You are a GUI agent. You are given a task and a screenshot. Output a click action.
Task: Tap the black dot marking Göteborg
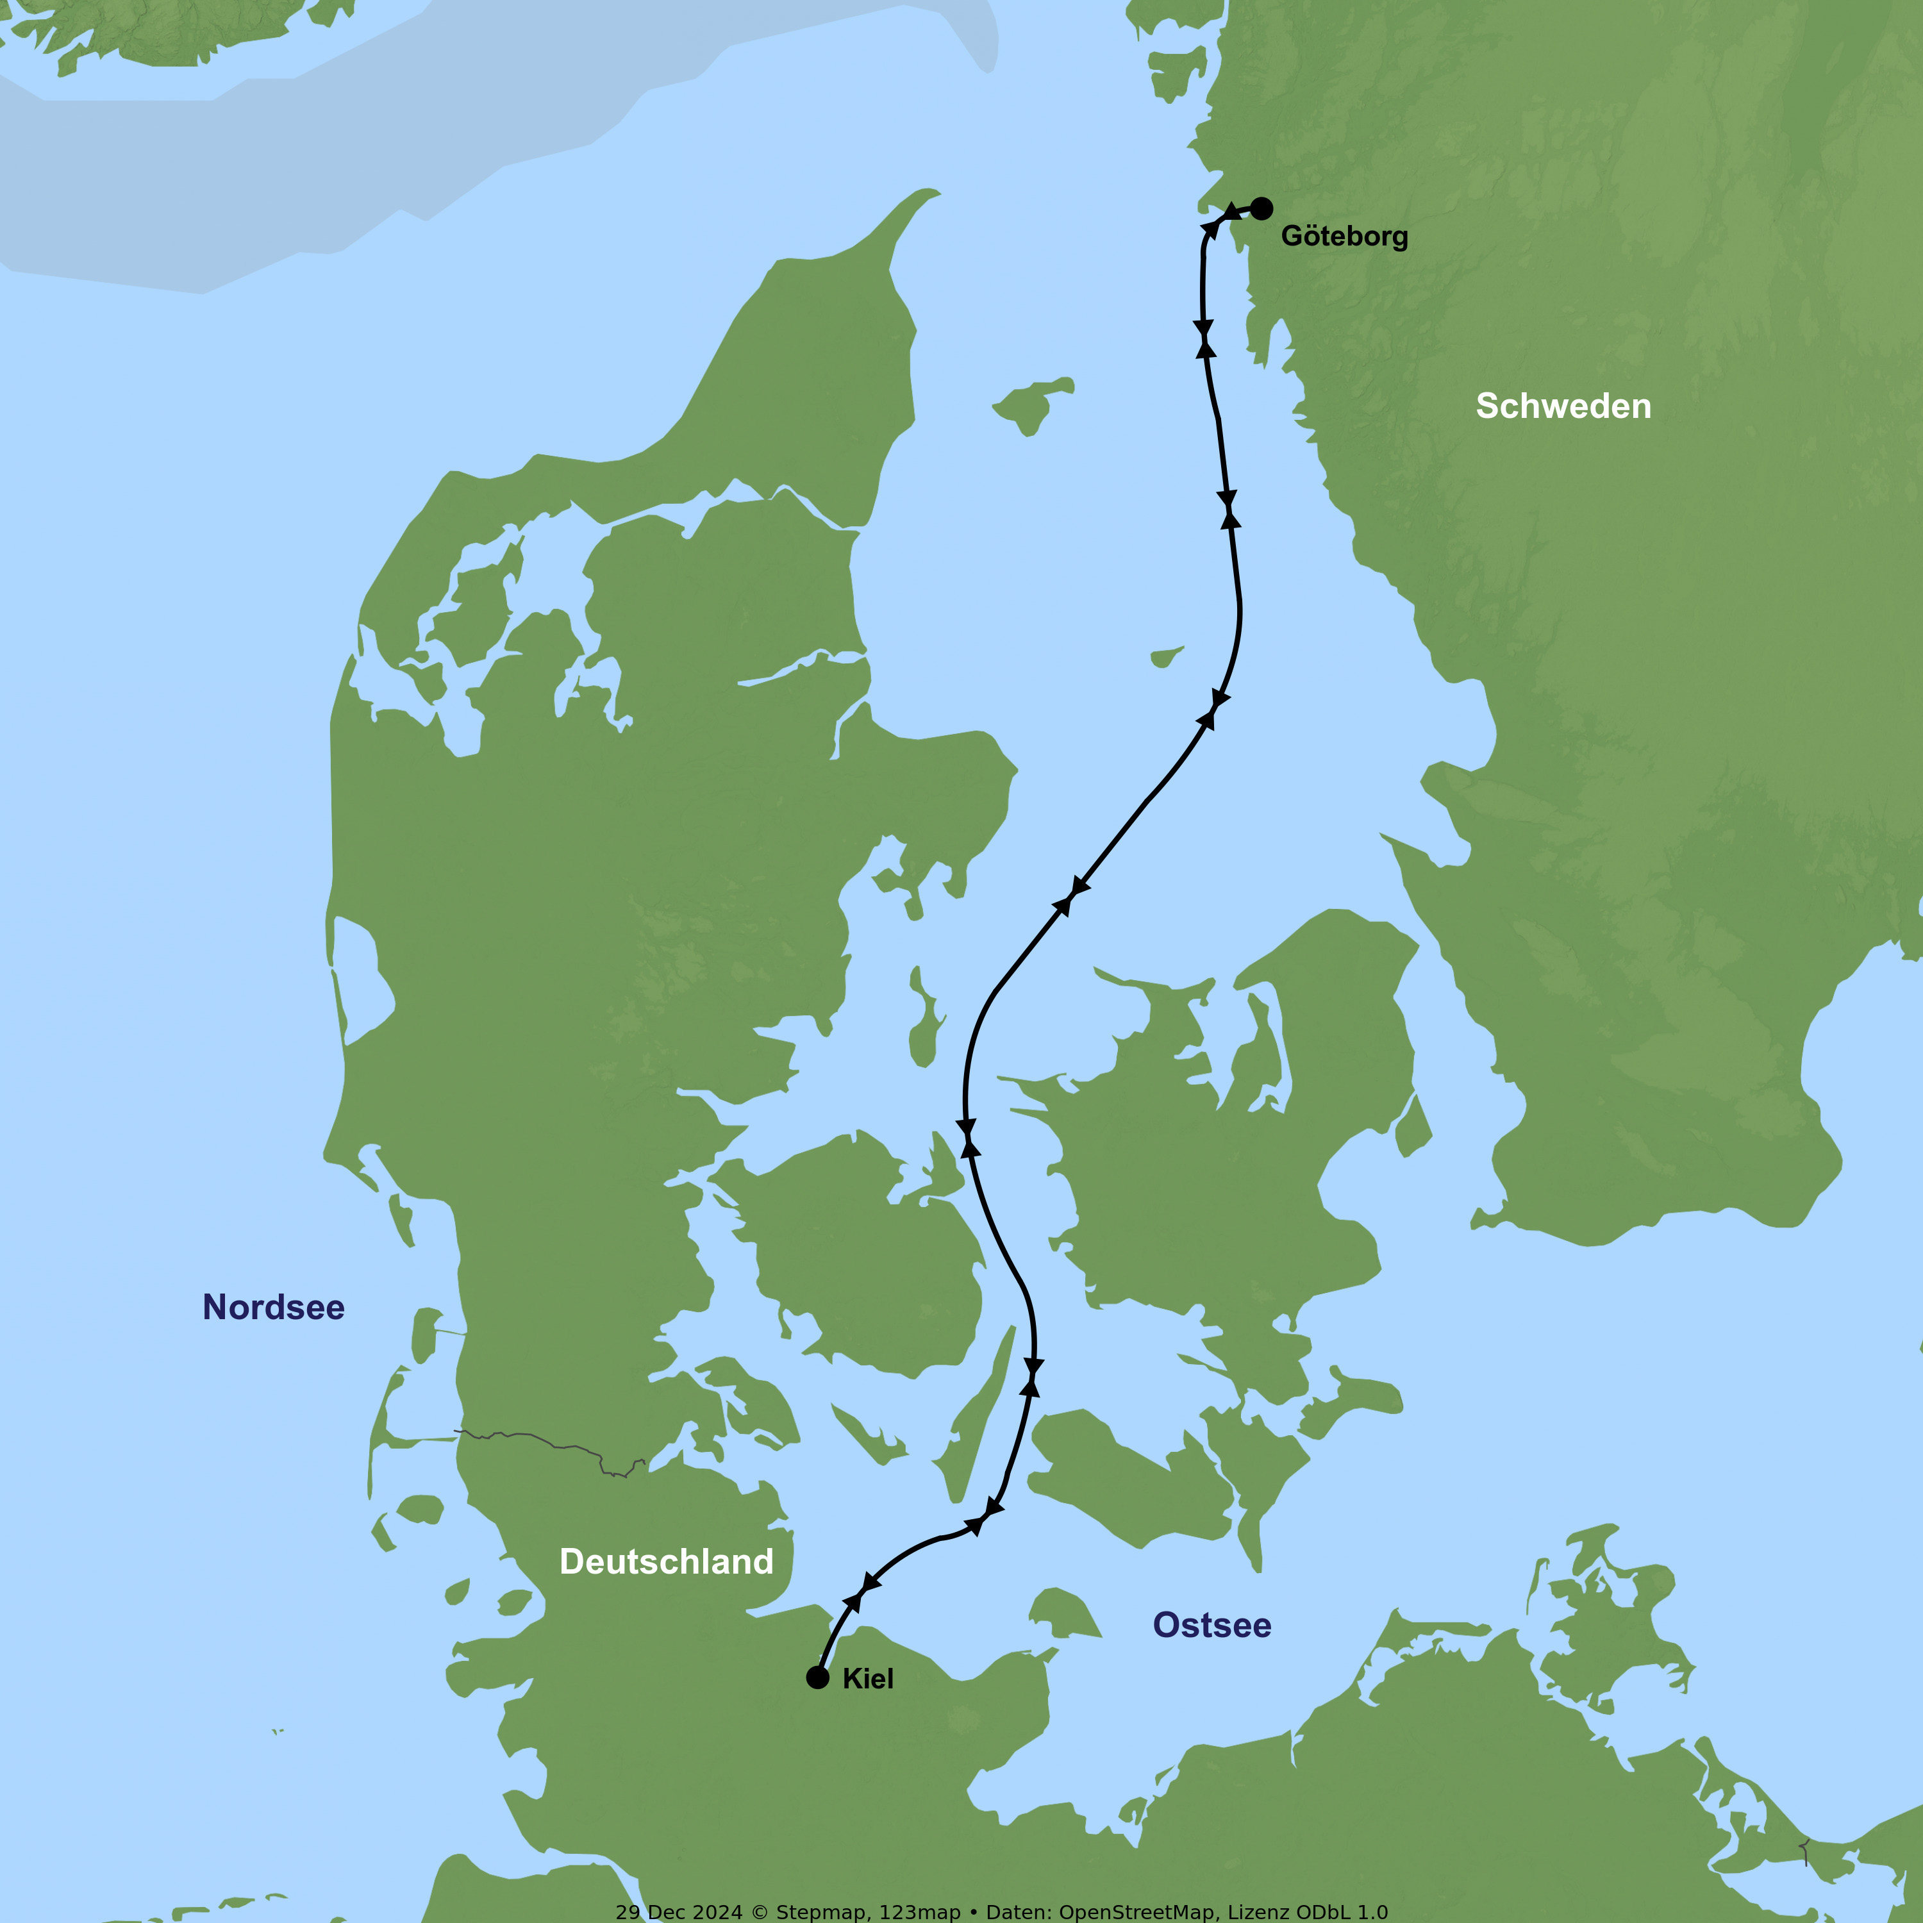(x=1261, y=208)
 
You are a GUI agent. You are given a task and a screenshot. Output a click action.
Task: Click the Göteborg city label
(x=1344, y=236)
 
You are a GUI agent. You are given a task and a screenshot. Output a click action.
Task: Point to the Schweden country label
(x=1563, y=406)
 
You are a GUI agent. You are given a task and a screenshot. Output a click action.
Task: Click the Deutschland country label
(x=666, y=1561)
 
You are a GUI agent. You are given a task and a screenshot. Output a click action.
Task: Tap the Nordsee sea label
(x=274, y=1307)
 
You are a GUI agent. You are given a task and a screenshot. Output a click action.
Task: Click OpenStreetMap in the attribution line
(x=1136, y=1911)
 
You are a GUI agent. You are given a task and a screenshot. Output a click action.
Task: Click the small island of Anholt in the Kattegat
(x=1165, y=657)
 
